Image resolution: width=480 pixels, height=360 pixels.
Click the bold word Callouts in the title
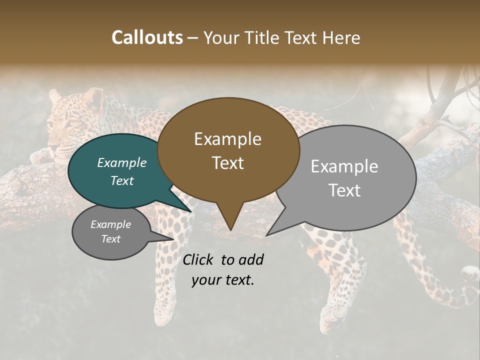(147, 37)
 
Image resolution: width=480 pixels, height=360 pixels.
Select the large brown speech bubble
(228, 150)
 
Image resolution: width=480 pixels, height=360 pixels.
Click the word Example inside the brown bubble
(227, 139)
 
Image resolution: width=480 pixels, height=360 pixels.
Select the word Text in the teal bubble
(122, 181)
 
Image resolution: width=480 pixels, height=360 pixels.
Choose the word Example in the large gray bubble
(344, 166)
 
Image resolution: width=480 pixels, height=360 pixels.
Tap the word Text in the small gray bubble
(111, 239)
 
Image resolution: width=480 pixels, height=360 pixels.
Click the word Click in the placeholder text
(199, 259)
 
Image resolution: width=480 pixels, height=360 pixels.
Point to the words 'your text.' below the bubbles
(223, 280)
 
